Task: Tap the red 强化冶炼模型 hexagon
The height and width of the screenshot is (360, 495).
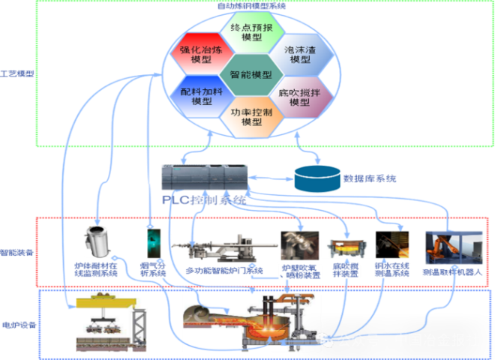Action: [x=201, y=54]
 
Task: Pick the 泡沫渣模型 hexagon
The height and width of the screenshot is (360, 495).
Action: [x=299, y=54]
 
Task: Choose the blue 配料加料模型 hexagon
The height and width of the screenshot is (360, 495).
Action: [x=201, y=95]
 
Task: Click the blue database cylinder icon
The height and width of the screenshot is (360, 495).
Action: [x=316, y=178]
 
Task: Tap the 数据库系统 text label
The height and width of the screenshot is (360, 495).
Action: [x=370, y=178]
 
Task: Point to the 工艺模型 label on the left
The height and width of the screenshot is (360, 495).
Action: [x=17, y=74]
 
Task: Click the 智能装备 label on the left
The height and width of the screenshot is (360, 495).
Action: [x=17, y=253]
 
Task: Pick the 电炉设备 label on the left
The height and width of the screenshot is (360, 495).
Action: [x=18, y=325]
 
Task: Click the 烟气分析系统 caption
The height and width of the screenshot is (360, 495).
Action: [x=153, y=268]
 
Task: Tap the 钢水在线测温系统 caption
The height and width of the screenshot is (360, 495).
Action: [x=391, y=268]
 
